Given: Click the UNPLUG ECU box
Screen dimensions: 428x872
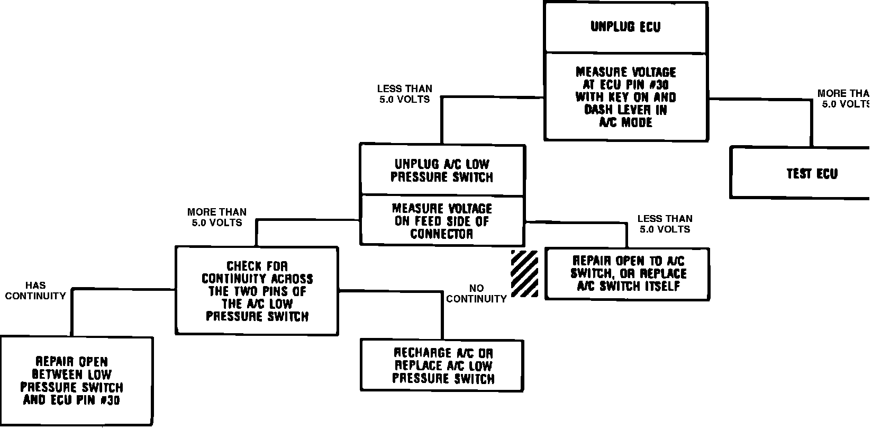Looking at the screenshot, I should point(625,27).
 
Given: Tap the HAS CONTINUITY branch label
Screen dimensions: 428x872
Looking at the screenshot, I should point(35,291).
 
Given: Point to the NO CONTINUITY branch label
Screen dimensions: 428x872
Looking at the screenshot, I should point(476,293).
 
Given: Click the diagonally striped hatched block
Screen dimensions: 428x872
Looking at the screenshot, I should point(524,273).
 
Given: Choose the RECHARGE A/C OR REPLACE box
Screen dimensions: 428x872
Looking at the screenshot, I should point(442,365).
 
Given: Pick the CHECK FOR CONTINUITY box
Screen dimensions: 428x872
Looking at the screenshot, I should point(257,291).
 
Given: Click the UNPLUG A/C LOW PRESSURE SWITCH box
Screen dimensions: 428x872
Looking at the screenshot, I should point(442,170).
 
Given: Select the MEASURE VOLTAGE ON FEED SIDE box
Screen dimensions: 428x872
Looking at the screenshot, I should point(442,221).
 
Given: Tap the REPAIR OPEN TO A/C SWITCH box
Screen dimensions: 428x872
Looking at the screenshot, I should point(628,273).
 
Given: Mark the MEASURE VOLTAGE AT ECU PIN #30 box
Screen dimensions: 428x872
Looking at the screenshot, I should point(625,97).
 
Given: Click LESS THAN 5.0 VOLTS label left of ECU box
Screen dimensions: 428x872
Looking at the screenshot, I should point(404,94).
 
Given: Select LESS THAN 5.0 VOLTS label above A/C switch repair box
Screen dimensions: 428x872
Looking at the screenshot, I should point(665,224).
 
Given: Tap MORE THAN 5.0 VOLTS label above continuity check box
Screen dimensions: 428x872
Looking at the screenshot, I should point(217,217).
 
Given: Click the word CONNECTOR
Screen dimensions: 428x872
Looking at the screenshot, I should point(442,234).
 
